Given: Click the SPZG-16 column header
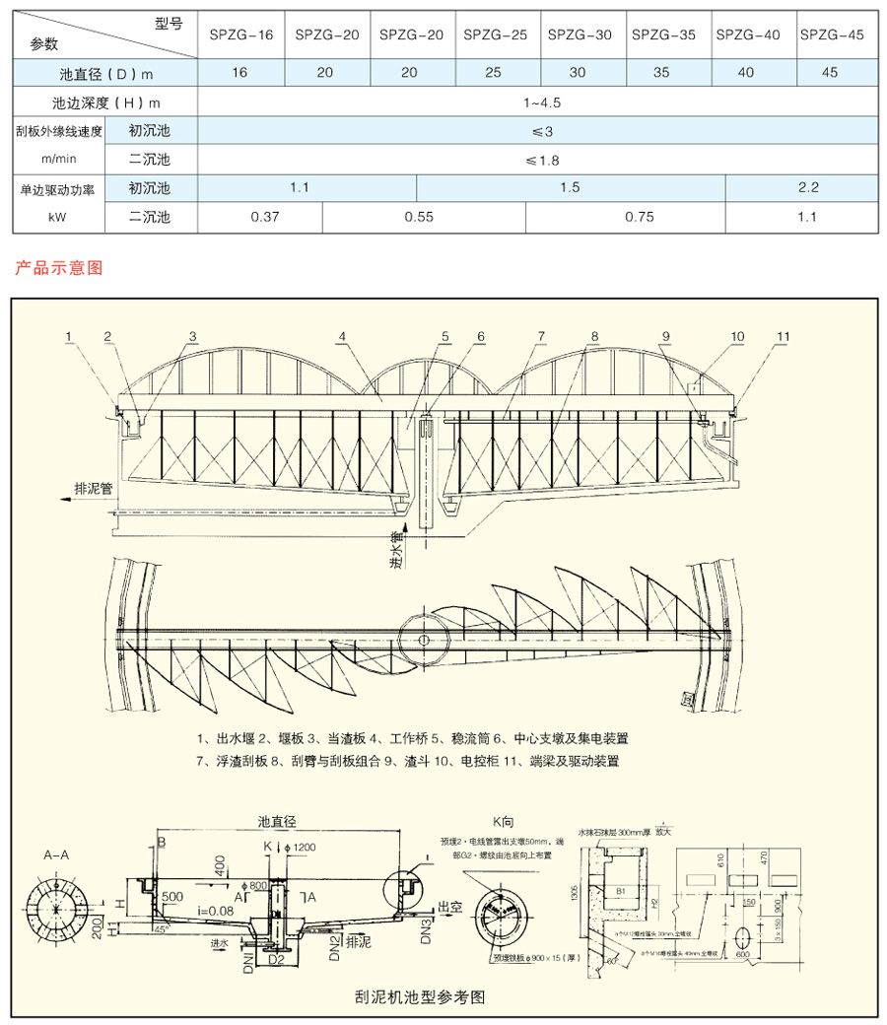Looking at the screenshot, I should coord(240,34).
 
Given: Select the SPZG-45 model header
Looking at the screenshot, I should coord(832,34).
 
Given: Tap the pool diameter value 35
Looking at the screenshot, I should coord(663,73).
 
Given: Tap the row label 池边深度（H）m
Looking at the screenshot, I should coord(105,102).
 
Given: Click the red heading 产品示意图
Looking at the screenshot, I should coord(59,267).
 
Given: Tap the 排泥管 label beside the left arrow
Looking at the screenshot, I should coord(94,487).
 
